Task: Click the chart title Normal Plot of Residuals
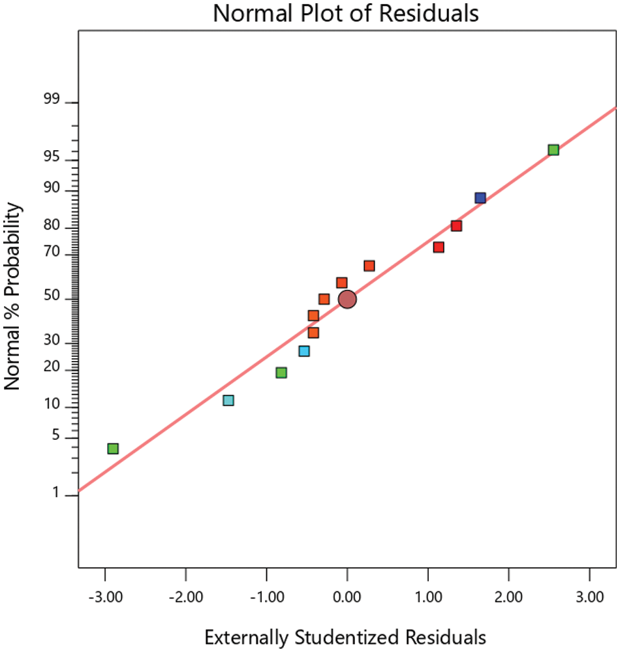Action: click(346, 13)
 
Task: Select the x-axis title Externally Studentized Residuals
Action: click(346, 636)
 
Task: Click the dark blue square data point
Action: click(480, 198)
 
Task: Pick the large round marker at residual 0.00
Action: click(347, 299)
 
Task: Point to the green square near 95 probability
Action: click(553, 150)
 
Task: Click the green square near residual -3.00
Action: click(113, 448)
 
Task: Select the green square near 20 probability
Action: click(281, 373)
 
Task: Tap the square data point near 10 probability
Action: click(228, 400)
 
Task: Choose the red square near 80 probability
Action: click(456, 226)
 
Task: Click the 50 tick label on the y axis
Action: click(52, 298)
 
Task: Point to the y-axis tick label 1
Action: click(55, 495)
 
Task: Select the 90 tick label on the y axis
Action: click(52, 189)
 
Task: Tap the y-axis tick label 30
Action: click(52, 341)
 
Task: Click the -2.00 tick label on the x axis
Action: click(185, 597)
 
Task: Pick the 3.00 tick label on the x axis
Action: click(590, 597)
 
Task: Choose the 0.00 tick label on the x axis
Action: click(347, 597)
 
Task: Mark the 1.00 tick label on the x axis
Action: click(428, 597)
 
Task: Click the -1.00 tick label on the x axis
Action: click(266, 597)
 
